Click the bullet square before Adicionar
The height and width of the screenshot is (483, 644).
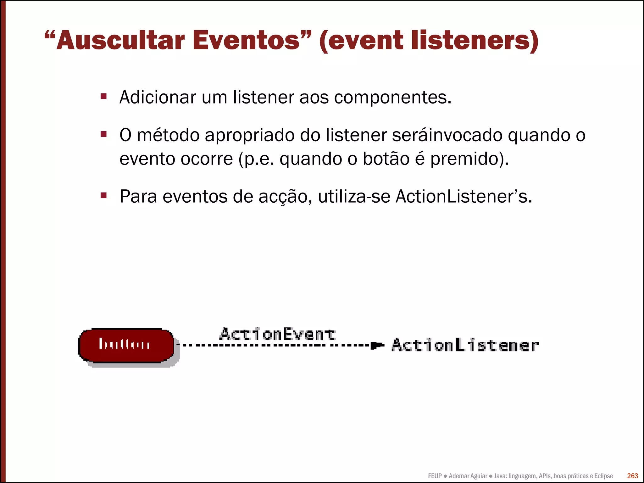coord(103,96)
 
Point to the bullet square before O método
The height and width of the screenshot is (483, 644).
coord(103,134)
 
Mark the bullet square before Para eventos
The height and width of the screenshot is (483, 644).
coord(103,196)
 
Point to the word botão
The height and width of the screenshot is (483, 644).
coord(386,159)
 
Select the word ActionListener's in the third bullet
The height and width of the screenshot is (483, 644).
coord(464,196)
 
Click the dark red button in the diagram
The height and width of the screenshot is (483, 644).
coord(126,345)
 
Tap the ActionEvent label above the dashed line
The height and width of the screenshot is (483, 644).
coord(278,334)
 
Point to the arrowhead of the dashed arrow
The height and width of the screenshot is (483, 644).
coord(377,345)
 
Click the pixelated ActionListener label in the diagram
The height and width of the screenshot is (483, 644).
coord(465,345)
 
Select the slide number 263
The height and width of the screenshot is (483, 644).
coord(632,476)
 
